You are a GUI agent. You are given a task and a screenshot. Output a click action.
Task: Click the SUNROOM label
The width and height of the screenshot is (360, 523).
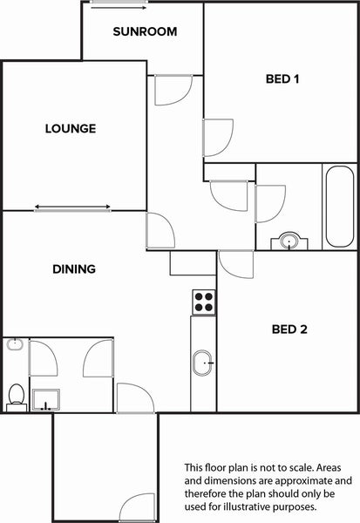[x=145, y=31]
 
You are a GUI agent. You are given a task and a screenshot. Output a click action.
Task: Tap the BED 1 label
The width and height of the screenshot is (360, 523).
[x=282, y=79]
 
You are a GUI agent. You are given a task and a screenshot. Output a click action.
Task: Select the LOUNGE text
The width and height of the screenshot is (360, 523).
[x=71, y=128]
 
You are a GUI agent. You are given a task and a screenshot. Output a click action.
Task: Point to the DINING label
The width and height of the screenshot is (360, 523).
[x=74, y=269]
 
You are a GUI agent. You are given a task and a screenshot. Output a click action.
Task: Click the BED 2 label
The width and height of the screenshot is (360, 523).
[x=289, y=329]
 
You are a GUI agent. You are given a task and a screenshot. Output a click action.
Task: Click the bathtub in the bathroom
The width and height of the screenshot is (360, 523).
[x=340, y=207]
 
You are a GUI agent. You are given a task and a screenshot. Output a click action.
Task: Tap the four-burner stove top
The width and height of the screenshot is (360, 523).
[x=204, y=302]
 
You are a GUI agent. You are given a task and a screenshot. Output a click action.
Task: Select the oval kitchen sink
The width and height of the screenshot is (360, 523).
[x=203, y=363]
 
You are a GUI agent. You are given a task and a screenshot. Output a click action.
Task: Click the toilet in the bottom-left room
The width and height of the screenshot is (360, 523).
[x=17, y=397]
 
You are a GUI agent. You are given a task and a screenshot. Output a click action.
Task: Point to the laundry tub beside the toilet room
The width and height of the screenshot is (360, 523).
[x=46, y=399]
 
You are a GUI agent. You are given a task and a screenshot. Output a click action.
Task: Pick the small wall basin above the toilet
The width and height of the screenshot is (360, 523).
[x=15, y=344]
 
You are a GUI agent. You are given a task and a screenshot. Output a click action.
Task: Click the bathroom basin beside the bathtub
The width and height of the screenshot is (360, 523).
[x=289, y=241]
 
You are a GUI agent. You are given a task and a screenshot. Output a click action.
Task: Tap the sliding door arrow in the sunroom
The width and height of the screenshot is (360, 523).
[x=119, y=7]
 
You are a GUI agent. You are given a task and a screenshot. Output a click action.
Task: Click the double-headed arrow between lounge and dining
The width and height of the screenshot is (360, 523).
[x=72, y=207]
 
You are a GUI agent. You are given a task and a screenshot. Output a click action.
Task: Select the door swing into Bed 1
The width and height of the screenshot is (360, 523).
[x=218, y=138]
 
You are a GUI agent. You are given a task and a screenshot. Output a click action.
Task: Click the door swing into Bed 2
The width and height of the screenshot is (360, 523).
[x=236, y=264]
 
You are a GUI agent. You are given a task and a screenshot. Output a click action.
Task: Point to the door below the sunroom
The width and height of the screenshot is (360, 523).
[x=173, y=90]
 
